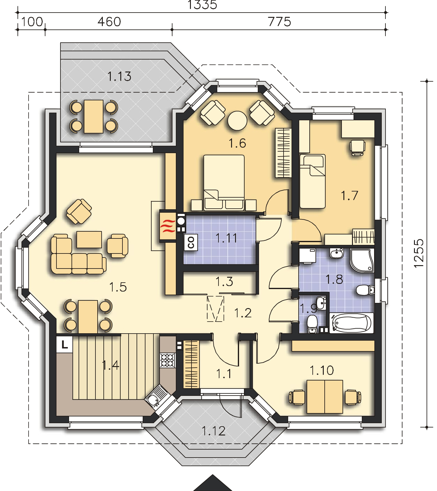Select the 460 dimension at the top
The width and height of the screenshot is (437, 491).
pos(109,22)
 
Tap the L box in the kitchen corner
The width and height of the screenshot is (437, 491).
pos(64,344)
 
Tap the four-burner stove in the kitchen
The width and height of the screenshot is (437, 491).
pos(168,360)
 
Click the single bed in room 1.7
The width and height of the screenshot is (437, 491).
pos(312,181)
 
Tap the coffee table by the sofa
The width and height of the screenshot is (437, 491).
pos(89,239)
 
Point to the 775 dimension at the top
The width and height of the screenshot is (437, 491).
pos(279,22)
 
